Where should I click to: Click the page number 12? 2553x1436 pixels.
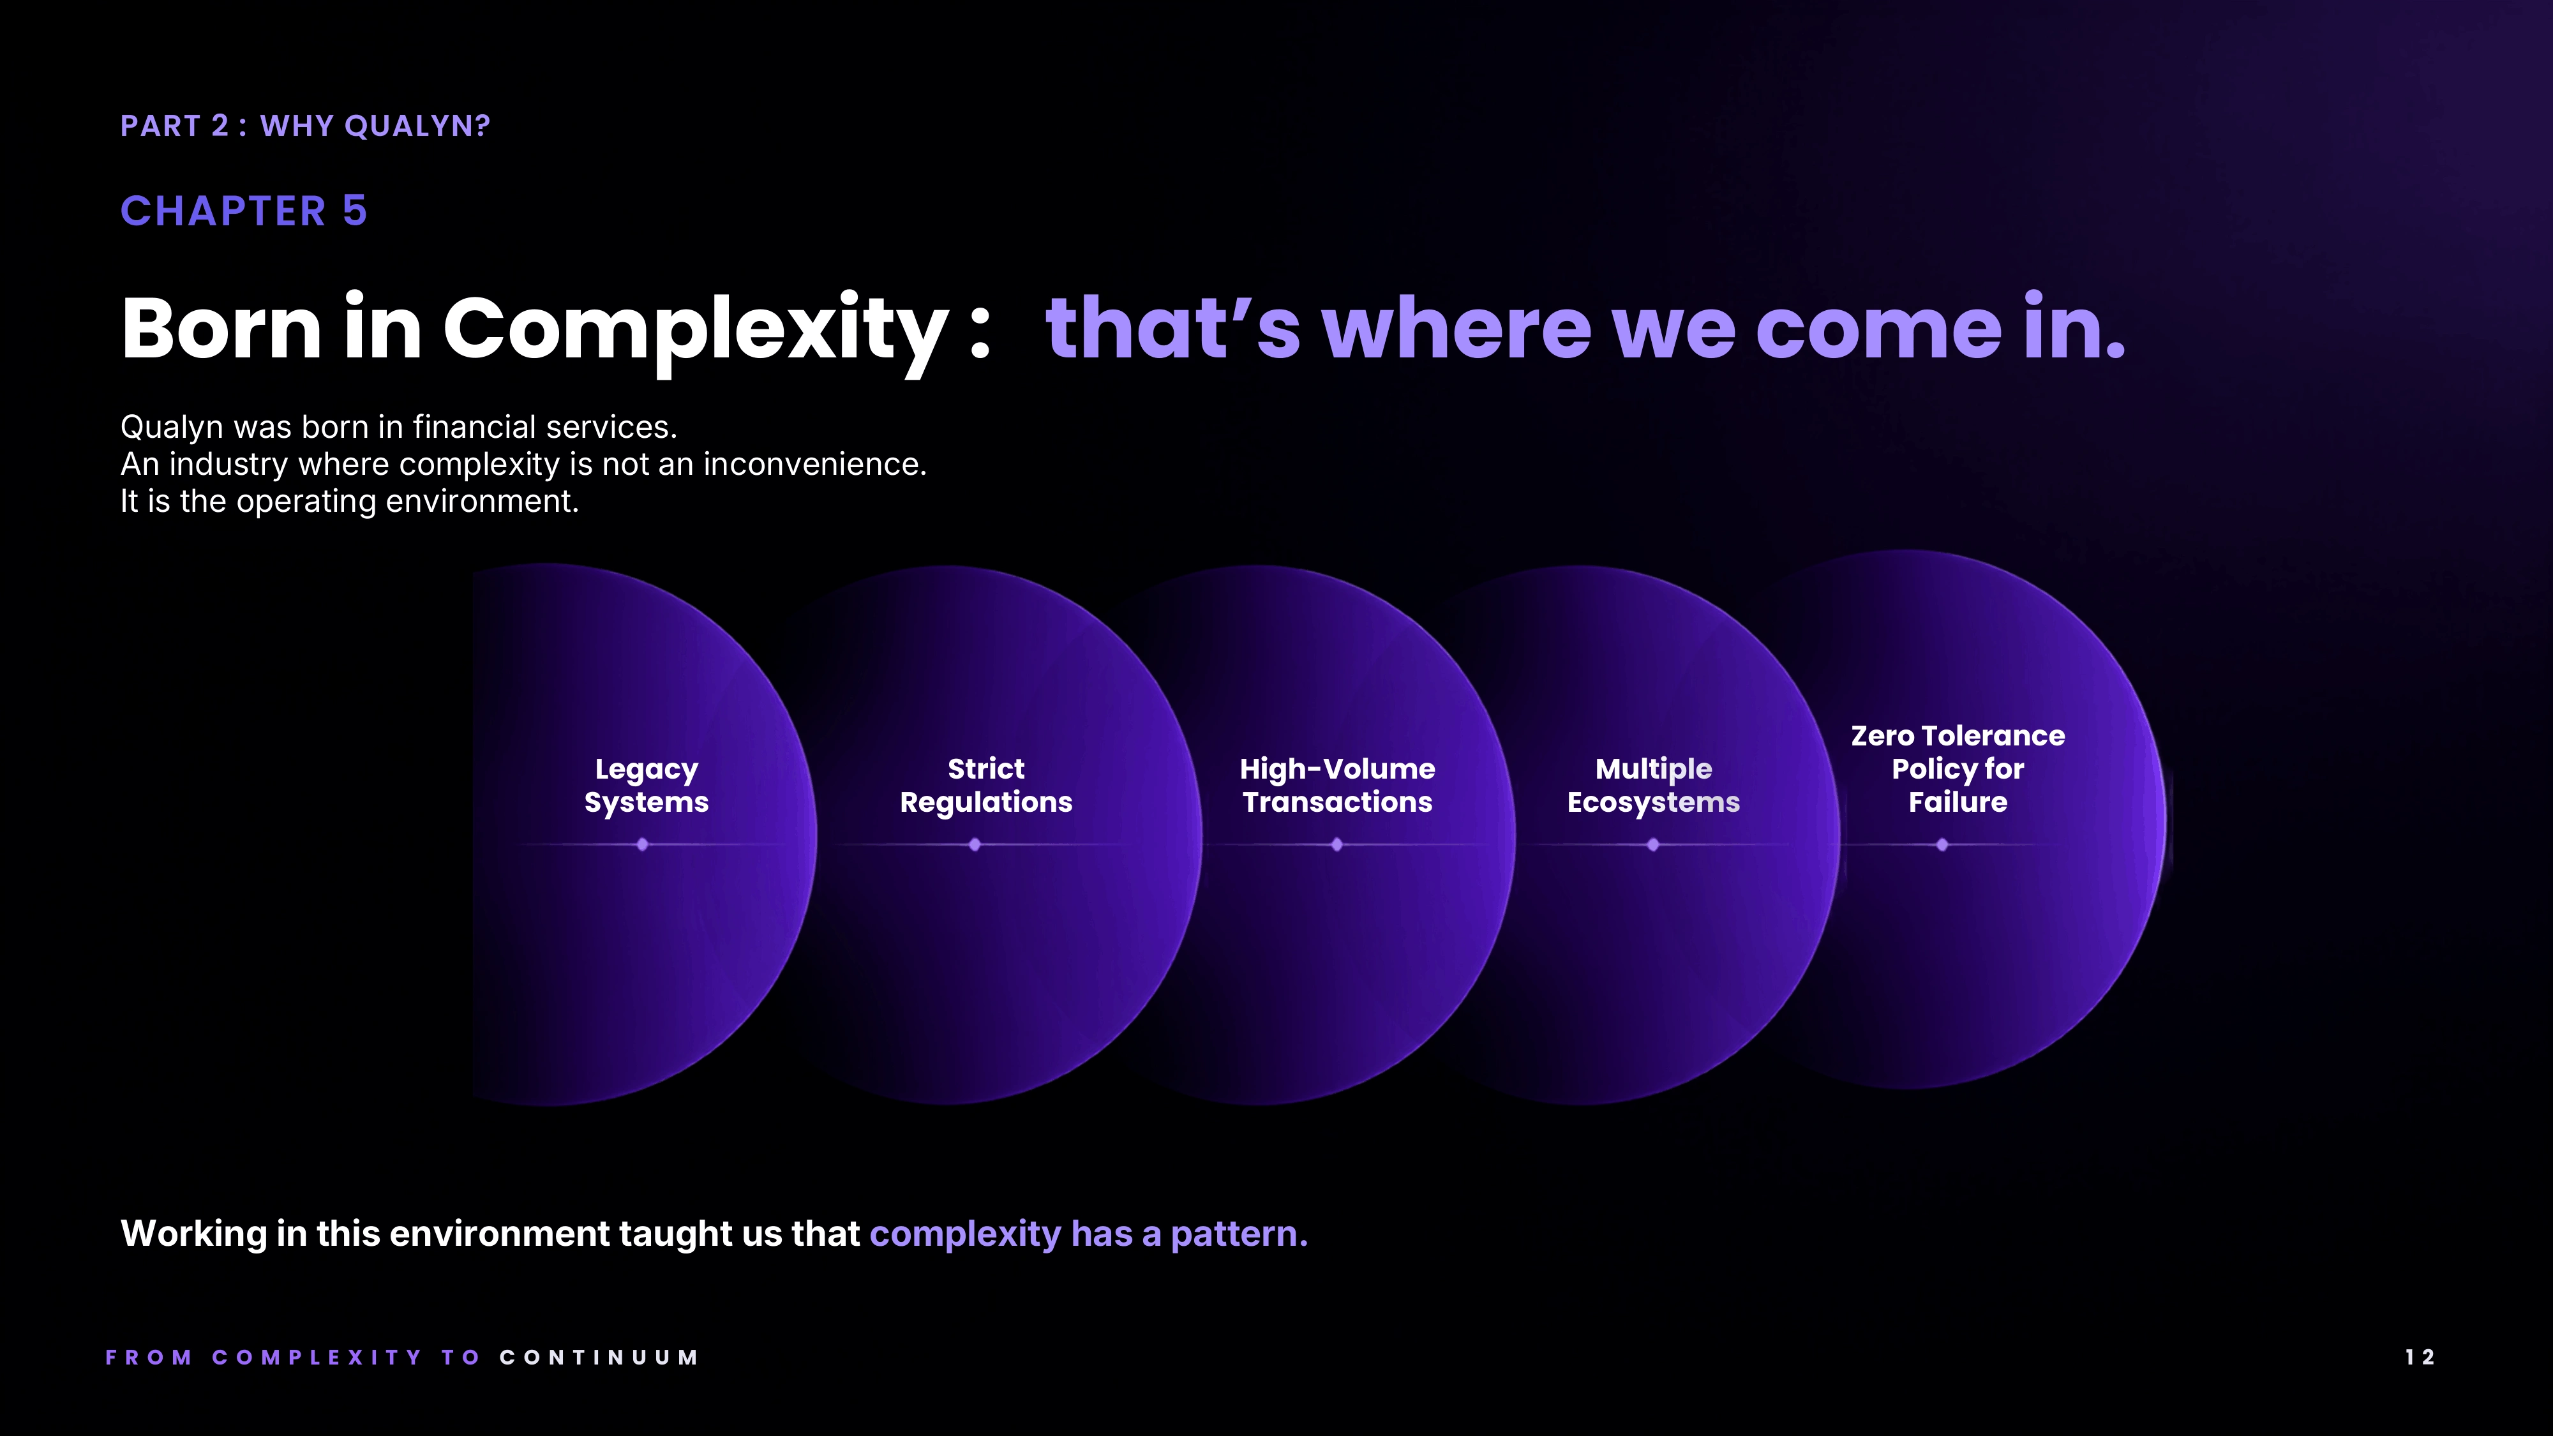pyautogui.click(x=2419, y=1357)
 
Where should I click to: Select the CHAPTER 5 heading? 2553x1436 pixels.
pyautogui.click(x=244, y=211)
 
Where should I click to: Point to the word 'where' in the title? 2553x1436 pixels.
pyautogui.click(x=1456, y=328)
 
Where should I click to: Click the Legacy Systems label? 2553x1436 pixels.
pyautogui.click(x=646, y=785)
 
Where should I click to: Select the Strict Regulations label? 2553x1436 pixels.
pyautogui.click(x=986, y=785)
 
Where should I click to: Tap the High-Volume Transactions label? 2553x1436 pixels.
pyautogui.click(x=1337, y=785)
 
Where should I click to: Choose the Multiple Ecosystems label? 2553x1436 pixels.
pyautogui.click(x=1653, y=785)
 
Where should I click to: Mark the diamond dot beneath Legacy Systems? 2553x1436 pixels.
pyautogui.click(x=642, y=844)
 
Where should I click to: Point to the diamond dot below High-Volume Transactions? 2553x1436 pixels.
pyautogui.click(x=1337, y=844)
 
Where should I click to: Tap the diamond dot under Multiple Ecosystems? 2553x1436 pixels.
pyautogui.click(x=1653, y=844)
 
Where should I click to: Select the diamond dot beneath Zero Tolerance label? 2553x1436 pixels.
pyautogui.click(x=1942, y=844)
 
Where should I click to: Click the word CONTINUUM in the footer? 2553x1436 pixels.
pyautogui.click(x=599, y=1357)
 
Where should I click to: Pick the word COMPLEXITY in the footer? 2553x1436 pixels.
pyautogui.click(x=317, y=1357)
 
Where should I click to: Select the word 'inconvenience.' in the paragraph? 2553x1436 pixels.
pyautogui.click(x=814, y=464)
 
